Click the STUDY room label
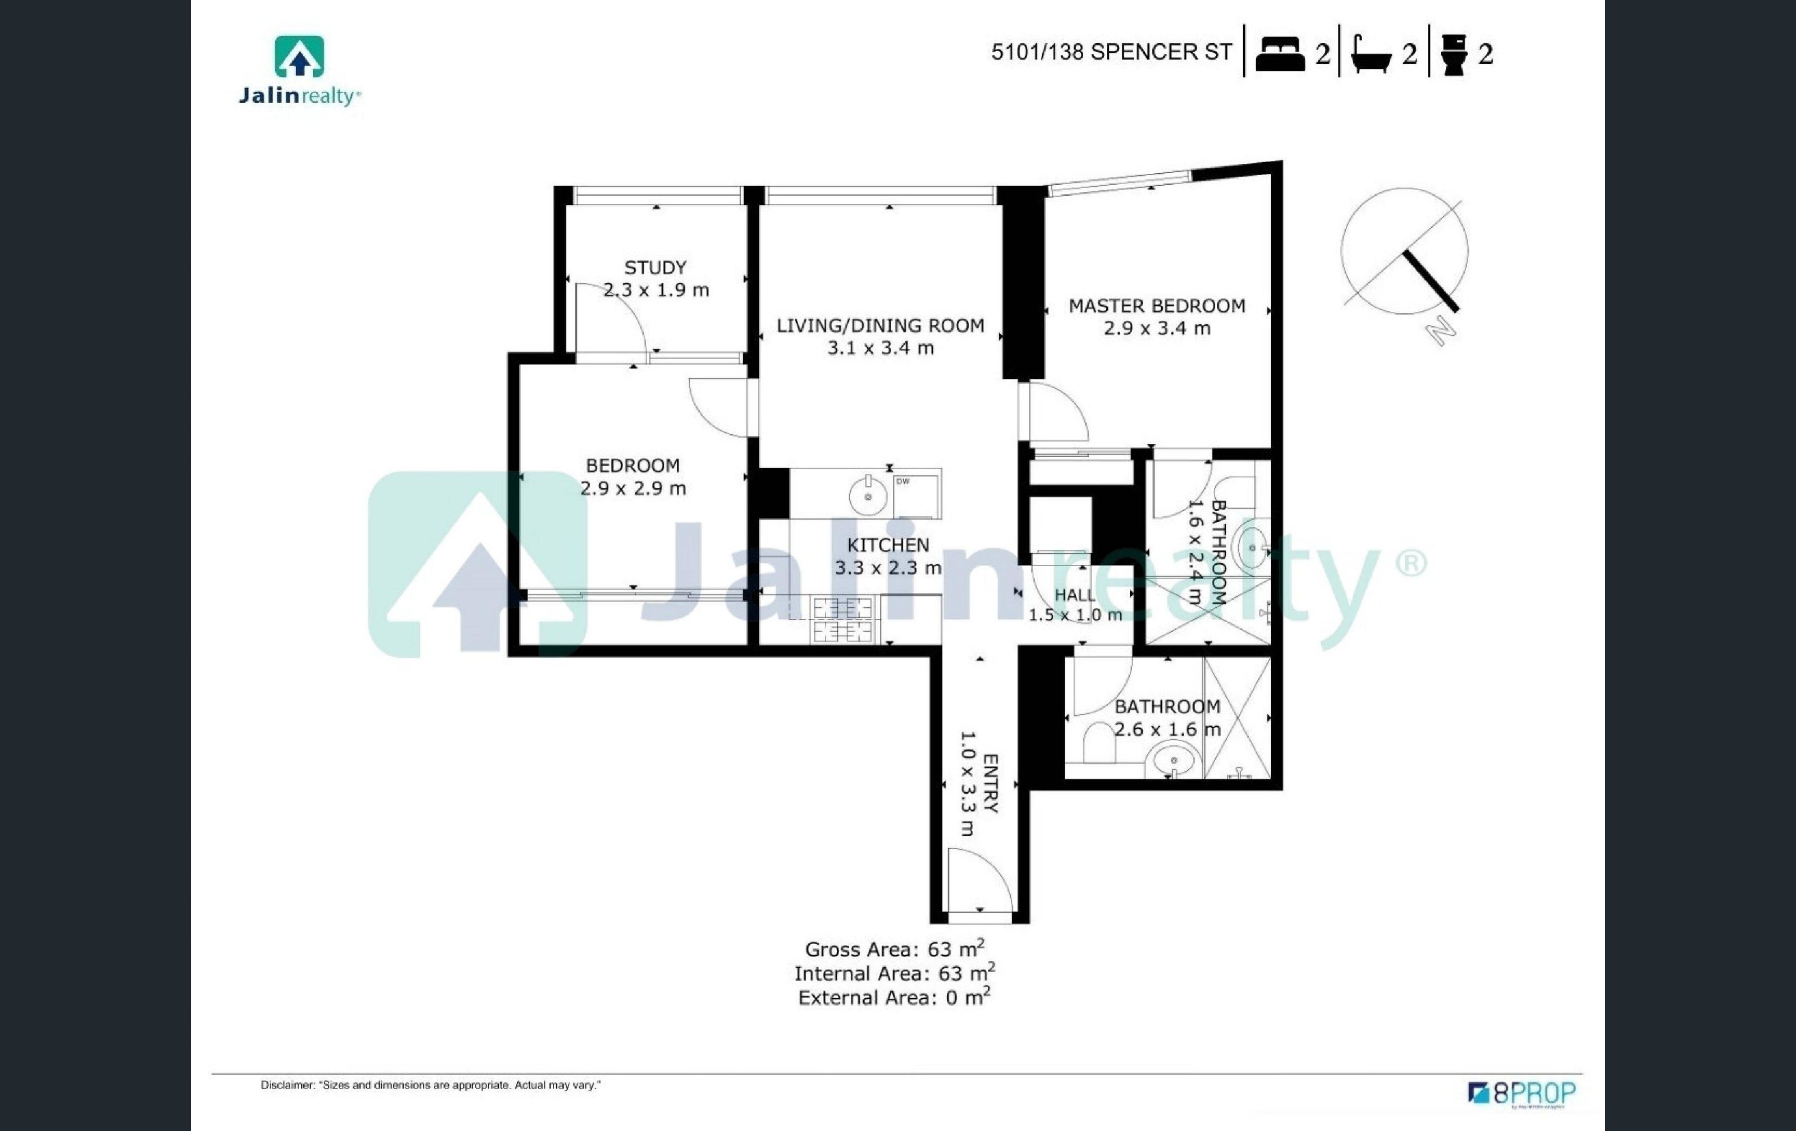(655, 267)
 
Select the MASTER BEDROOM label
(1157, 306)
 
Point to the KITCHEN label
(887, 545)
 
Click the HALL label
(1075, 595)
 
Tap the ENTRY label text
(991, 783)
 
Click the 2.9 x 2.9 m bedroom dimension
(633, 488)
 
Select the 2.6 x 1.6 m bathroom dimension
(1167, 729)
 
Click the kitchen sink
(868, 496)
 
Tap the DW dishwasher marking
(902, 481)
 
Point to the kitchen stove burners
(843, 619)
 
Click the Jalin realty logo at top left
(300, 71)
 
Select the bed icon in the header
(1280, 54)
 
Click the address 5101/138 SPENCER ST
(1111, 52)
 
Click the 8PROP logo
(1522, 1094)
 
